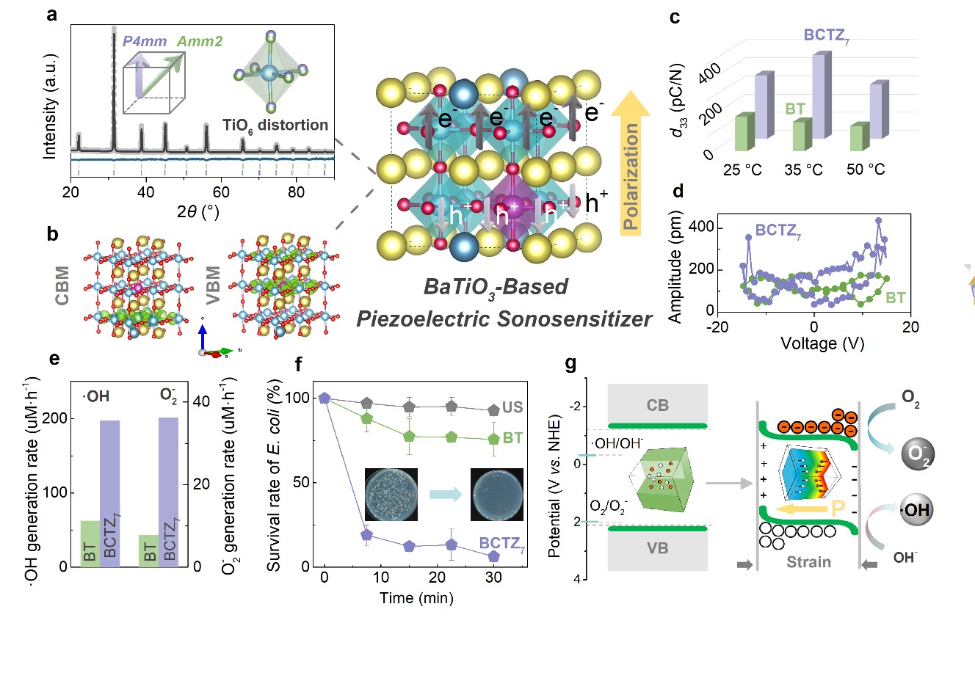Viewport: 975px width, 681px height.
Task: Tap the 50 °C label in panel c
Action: (x=866, y=170)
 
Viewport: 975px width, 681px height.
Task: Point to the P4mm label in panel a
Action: (x=145, y=41)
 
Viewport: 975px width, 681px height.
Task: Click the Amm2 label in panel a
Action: (x=200, y=41)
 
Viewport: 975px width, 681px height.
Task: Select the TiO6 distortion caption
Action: (x=275, y=125)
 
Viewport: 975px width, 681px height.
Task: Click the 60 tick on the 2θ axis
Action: (x=221, y=192)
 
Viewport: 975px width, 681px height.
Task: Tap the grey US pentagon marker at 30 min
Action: (x=493, y=409)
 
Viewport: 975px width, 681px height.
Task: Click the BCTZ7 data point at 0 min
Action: (x=325, y=398)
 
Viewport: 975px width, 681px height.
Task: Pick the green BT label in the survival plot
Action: (x=512, y=438)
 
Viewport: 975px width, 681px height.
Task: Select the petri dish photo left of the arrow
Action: (x=391, y=494)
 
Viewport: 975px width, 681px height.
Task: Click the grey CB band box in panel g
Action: (x=657, y=405)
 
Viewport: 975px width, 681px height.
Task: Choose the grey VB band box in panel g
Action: (x=657, y=548)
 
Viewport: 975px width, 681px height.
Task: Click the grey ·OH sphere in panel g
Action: (x=916, y=510)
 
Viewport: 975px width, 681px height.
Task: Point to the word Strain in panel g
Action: (x=808, y=562)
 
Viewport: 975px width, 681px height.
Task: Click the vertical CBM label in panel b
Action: (x=62, y=286)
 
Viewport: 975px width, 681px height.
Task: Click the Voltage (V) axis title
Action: (x=822, y=343)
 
